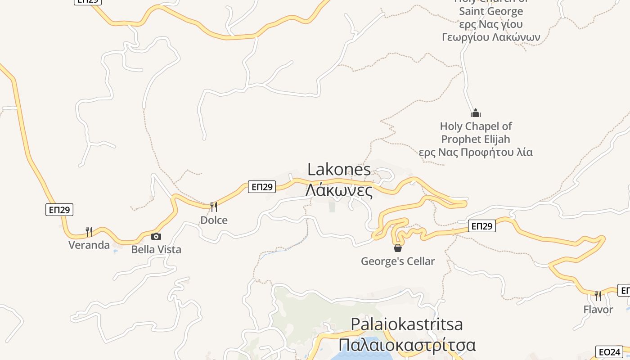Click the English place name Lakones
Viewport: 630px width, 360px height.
(x=339, y=170)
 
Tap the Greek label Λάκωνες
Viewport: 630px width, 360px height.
(x=339, y=190)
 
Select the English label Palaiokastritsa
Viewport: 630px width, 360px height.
(x=406, y=324)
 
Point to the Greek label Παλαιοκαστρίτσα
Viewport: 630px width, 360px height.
(x=407, y=345)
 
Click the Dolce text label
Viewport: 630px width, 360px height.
(x=214, y=220)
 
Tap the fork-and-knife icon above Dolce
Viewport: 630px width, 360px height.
(x=214, y=207)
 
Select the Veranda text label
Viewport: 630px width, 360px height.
(x=89, y=245)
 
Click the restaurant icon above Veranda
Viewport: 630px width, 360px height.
(x=89, y=232)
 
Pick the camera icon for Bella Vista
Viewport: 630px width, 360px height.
(x=156, y=236)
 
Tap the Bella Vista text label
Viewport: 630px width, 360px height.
(x=156, y=249)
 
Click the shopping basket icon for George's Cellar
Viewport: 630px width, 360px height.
(x=398, y=248)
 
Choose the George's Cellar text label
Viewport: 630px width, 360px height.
(x=398, y=261)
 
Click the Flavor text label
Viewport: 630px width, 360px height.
(x=598, y=310)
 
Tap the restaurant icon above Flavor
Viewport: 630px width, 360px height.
(x=598, y=296)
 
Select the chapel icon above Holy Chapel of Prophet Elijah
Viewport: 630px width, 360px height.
(x=476, y=113)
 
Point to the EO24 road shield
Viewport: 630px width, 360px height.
(x=609, y=352)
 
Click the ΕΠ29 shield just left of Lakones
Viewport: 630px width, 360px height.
(x=261, y=187)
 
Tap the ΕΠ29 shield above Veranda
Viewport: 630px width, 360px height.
(x=59, y=210)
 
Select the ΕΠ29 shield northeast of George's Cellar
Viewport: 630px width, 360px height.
(x=481, y=226)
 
